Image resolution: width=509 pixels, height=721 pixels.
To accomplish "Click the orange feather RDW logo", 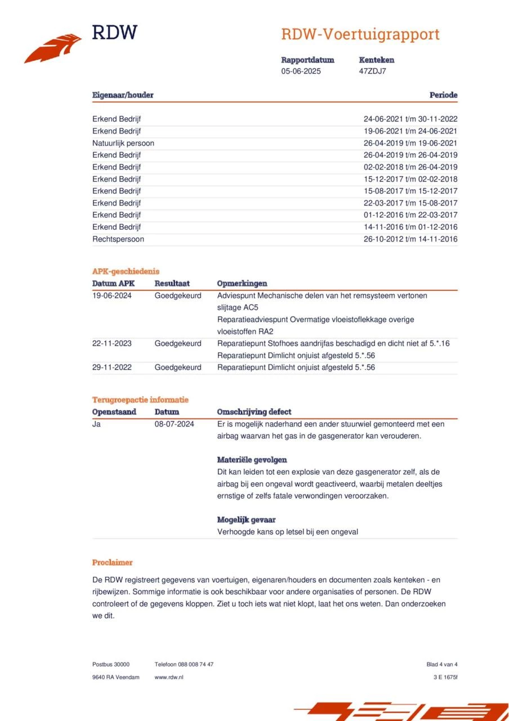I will [53, 48].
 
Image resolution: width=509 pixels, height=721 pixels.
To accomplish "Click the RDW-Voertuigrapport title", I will [360, 34].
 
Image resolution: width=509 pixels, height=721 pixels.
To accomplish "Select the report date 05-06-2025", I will [301, 71].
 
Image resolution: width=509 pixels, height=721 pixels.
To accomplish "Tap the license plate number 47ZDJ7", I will [372, 71].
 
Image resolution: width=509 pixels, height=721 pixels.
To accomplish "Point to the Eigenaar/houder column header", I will [123, 95].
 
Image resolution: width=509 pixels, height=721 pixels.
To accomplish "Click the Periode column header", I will [443, 95].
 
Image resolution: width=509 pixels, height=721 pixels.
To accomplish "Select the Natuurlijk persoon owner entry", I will [123, 143].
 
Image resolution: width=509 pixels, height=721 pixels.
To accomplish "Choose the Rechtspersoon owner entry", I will [118, 239].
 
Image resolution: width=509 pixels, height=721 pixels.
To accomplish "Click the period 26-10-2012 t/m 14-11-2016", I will [410, 239].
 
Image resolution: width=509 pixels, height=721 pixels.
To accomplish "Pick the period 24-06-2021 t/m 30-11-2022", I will [410, 119].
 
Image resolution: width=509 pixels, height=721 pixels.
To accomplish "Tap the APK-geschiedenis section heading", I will [126, 272].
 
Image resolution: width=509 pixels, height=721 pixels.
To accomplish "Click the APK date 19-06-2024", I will [112, 295].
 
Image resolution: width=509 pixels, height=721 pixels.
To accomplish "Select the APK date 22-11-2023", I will [112, 343].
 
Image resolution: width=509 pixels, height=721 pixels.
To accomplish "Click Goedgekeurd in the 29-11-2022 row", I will [178, 367].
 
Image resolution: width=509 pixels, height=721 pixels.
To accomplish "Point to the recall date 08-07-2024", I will [175, 424].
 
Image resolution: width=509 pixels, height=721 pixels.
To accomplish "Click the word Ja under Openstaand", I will [96, 424].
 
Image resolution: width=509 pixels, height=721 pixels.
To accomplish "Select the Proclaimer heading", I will [113, 562].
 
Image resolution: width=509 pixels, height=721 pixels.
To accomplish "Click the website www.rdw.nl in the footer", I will [169, 677].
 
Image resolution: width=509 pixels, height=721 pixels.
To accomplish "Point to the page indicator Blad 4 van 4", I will [442, 664].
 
